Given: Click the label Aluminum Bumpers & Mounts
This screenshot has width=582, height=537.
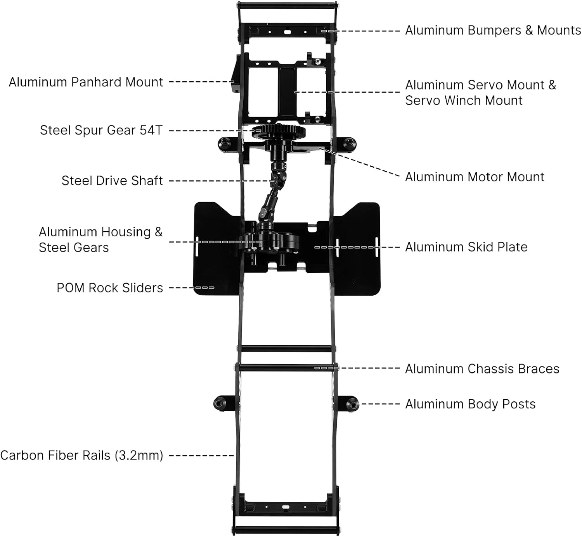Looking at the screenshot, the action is (493, 31).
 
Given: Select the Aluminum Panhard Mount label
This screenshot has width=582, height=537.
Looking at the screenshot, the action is (86, 82).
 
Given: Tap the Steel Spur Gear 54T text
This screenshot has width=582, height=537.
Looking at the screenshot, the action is (101, 130).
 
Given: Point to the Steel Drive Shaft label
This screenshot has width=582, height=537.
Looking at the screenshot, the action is (112, 181).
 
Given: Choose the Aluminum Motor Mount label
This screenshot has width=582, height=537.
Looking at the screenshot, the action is (475, 177).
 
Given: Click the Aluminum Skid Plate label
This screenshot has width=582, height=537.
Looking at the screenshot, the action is (466, 247).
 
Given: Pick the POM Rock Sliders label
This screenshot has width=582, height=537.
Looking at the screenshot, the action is (109, 287).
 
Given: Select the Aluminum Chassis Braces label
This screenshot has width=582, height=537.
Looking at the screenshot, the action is (482, 369).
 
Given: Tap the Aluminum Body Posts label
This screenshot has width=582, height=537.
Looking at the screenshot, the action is (470, 404).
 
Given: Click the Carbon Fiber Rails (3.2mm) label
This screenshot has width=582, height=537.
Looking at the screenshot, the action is (82, 455).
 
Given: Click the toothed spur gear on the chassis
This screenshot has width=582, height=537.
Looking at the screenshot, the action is (279, 131).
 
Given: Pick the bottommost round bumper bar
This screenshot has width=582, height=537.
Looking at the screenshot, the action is (286, 529).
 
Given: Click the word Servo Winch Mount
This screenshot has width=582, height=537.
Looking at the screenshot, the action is (464, 100).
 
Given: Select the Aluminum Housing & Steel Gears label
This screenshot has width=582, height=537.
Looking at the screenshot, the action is (100, 240).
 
